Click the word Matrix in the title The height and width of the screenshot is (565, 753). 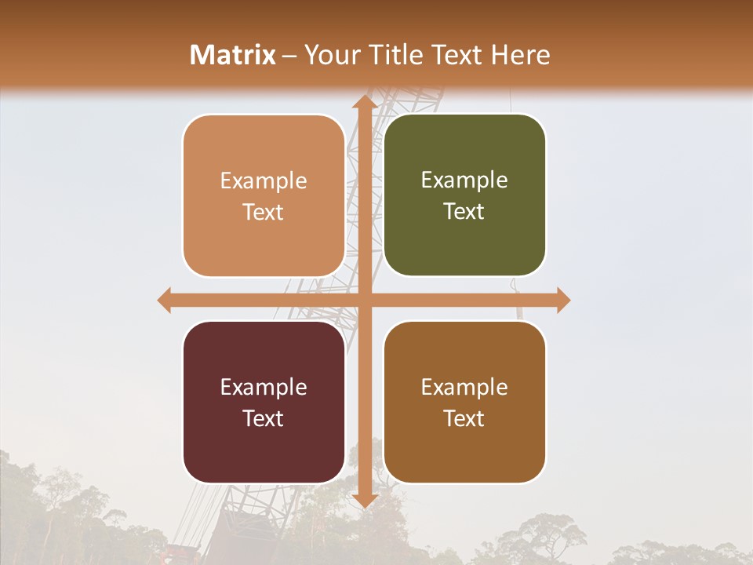click(x=233, y=55)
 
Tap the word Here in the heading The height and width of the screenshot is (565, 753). click(x=520, y=55)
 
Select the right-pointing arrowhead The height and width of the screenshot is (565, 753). click(x=562, y=300)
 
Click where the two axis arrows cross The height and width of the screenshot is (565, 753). click(x=363, y=300)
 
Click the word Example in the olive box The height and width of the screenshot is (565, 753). click(x=464, y=180)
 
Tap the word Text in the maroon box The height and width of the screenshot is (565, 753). click(x=264, y=418)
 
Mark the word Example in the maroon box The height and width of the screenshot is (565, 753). click(x=264, y=387)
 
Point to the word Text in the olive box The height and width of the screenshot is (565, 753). click(x=464, y=212)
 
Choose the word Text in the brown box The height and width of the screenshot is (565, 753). click(x=464, y=418)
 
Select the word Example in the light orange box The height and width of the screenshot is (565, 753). click(x=264, y=180)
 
